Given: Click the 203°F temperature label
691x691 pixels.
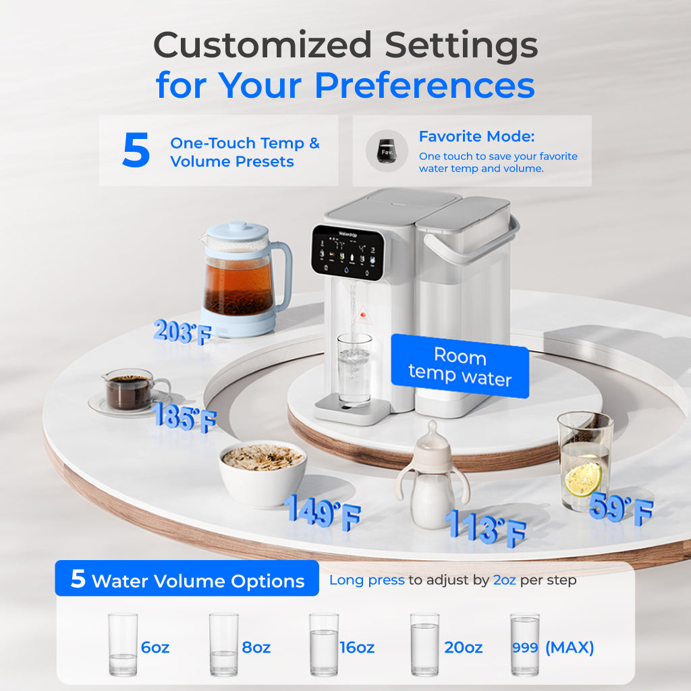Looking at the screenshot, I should pos(182,332).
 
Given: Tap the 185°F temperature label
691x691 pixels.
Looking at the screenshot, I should pos(185,417).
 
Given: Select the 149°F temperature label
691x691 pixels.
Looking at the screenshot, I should pos(322,512).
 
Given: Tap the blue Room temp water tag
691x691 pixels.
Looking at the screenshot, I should pos(460,366).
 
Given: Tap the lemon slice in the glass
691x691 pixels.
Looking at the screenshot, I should pos(583,477).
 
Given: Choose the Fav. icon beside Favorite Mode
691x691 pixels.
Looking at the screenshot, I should pos(387,150).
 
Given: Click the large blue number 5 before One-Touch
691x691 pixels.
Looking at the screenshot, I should pos(136,151).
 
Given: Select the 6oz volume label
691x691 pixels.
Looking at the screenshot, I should pos(155,648).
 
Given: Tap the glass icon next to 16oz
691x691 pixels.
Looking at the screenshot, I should pos(324,644).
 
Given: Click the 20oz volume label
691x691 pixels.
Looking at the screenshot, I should pos(463,648).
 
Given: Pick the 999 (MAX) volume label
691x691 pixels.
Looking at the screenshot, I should pos(553,648).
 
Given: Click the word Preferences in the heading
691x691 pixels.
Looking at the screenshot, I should pos(424,86).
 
